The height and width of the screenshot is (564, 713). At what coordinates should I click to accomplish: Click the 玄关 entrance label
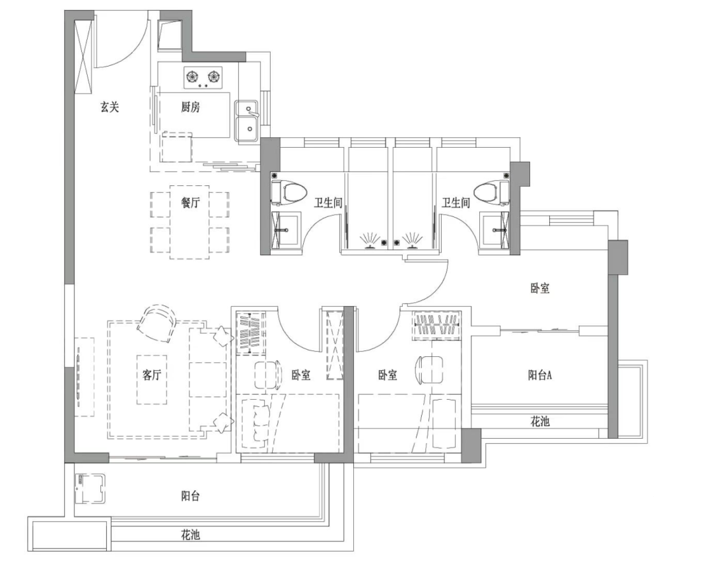(x=110, y=108)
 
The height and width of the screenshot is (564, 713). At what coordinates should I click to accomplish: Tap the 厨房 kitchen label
(x=190, y=108)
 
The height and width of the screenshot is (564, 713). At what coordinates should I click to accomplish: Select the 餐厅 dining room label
(x=190, y=203)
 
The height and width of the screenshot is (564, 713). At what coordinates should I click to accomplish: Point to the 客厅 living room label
(x=151, y=375)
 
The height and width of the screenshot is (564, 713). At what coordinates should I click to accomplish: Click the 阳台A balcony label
(x=540, y=375)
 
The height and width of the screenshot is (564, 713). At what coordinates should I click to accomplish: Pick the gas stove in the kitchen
(x=203, y=77)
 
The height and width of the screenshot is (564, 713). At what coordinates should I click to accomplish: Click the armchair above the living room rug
(x=156, y=323)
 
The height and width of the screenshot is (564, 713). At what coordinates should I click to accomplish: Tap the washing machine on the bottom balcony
(x=90, y=489)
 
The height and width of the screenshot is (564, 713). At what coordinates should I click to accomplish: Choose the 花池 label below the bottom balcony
(x=190, y=535)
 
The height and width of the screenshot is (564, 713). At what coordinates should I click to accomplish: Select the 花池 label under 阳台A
(x=540, y=422)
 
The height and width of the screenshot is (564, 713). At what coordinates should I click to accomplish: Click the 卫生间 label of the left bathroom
(x=328, y=203)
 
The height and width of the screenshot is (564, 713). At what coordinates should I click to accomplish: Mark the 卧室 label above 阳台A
(x=540, y=288)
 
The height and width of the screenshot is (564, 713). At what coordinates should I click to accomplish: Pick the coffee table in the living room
(x=151, y=379)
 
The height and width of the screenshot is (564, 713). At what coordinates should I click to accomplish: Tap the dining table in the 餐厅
(x=189, y=222)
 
